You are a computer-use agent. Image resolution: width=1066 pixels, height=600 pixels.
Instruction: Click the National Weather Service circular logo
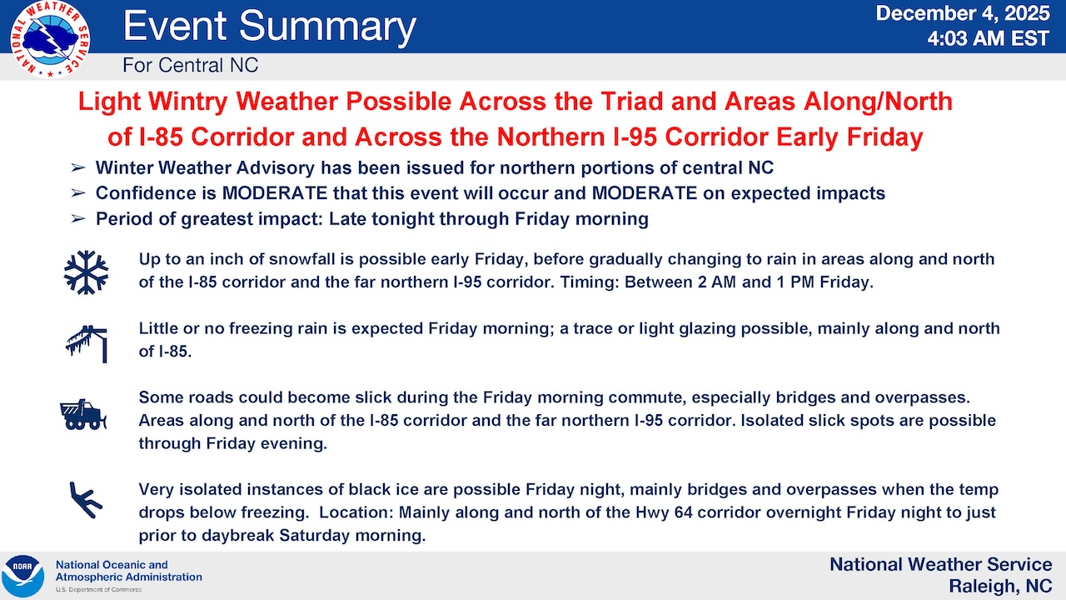point(50,39)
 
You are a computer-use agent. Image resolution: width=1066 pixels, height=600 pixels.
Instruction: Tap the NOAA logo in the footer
point(22,576)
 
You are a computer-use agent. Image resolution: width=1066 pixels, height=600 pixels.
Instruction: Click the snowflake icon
point(86,272)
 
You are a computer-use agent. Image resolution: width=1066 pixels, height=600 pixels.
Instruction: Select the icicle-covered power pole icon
point(87,344)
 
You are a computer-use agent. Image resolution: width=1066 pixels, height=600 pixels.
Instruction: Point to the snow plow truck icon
point(83,414)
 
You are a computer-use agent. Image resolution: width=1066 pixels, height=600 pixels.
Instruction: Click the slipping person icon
point(86,499)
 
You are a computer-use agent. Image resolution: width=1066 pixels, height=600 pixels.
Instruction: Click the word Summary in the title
point(327,27)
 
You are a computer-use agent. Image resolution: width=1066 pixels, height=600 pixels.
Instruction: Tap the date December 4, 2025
point(963,13)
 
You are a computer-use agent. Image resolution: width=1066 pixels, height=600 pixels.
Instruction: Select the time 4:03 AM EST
point(989,38)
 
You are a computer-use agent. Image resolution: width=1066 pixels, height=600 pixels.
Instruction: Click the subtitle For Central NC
point(191,65)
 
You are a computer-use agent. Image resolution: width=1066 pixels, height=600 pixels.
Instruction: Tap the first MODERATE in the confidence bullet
point(275,193)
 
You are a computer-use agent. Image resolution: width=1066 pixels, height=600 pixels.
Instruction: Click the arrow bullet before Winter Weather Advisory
point(78,167)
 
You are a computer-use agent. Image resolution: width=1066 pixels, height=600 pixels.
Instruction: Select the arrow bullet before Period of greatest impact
point(78,219)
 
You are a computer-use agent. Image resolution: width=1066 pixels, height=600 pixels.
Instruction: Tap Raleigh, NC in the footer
point(1000,586)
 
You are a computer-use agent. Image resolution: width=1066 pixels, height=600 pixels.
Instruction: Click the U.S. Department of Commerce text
point(98,589)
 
